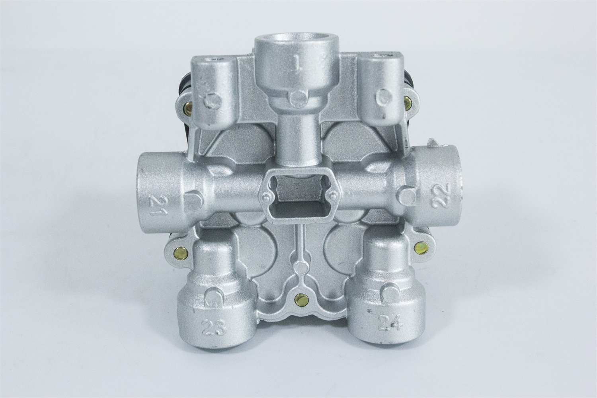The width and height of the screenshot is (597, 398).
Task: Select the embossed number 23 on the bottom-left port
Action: click(x=214, y=329)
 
